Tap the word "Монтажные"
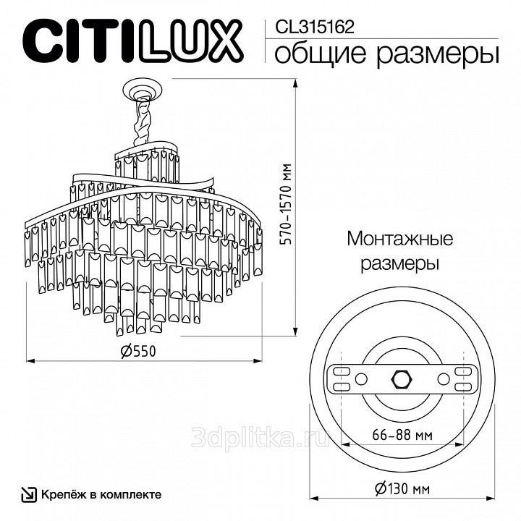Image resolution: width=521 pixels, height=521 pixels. point(399,240)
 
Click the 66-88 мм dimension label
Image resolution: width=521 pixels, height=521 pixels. point(402,436)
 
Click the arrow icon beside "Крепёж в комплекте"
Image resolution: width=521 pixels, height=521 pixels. point(27,494)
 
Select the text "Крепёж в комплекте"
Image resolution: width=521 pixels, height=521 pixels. point(101,494)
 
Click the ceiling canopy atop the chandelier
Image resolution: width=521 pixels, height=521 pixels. point(143,90)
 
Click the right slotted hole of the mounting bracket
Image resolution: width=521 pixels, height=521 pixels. point(460,378)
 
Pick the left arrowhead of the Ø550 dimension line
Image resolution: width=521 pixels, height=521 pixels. point(29,359)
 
